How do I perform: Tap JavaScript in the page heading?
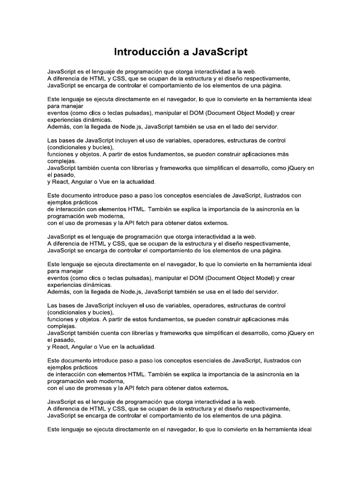[220, 52]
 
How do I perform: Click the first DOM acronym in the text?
[190, 112]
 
